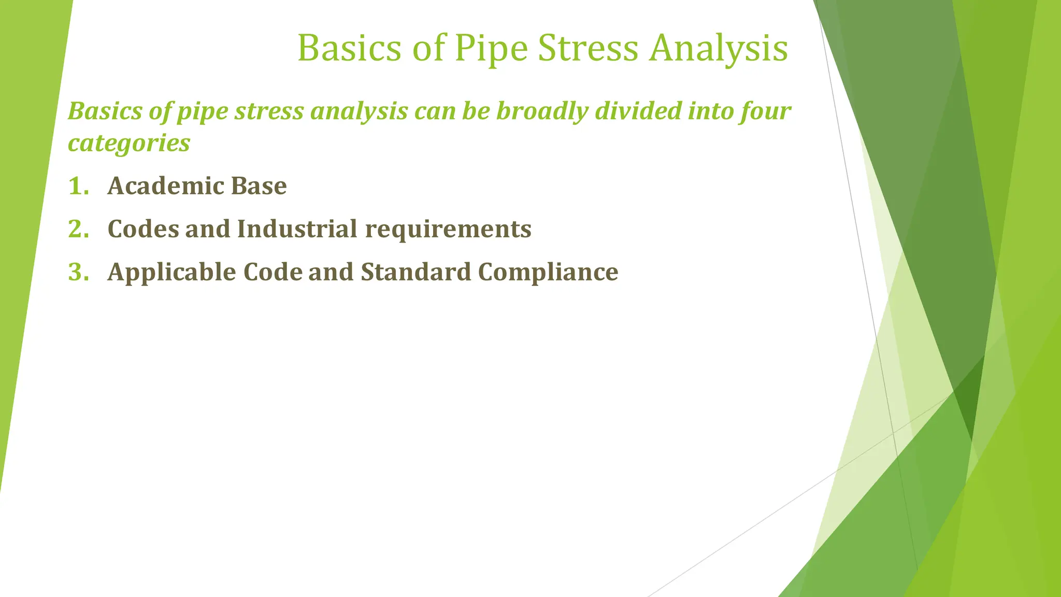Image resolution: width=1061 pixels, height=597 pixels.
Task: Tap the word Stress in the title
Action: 588,49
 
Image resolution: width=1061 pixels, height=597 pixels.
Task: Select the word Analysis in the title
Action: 719,49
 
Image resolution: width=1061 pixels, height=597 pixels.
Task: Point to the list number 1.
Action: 78,186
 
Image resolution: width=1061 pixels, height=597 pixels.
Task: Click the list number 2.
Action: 78,229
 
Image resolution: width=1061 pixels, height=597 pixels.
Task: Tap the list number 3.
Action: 78,272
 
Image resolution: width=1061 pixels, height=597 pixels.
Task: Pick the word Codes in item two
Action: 144,229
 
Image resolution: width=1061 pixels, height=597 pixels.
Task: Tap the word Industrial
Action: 297,229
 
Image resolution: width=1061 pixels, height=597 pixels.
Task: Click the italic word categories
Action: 129,143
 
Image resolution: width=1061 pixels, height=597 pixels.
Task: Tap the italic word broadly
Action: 542,111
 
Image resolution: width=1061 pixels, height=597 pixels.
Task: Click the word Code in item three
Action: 273,272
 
